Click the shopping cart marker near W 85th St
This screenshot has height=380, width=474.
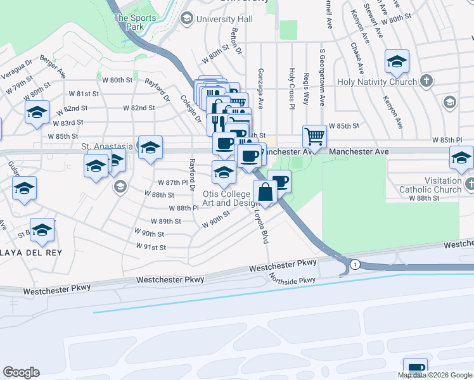point(314,136)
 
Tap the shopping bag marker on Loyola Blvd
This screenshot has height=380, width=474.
point(265,192)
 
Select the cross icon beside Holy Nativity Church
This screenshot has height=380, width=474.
point(427,81)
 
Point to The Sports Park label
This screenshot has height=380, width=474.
point(134,23)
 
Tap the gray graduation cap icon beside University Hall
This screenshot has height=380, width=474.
point(187,18)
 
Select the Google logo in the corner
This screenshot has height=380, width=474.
point(21,372)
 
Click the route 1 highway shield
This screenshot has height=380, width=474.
point(355,264)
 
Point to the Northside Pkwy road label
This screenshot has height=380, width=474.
point(292,280)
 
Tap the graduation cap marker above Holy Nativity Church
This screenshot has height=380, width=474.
point(397,61)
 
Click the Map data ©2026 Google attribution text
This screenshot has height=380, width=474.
point(435,375)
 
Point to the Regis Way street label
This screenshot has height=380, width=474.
point(307,89)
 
